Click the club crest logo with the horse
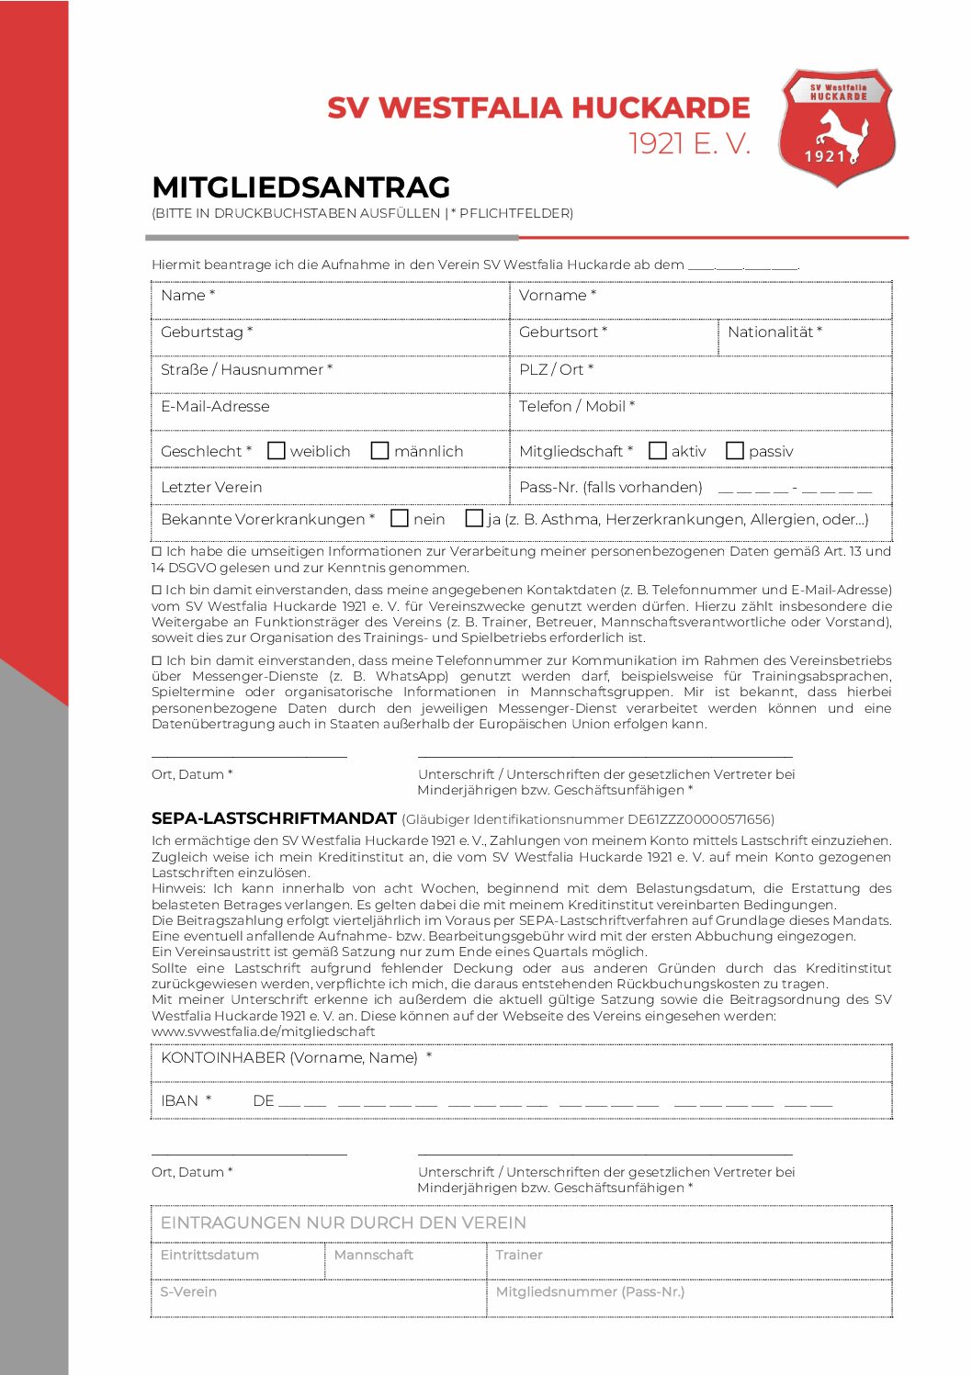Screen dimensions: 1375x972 point(837,128)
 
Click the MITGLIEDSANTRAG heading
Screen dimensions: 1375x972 point(300,187)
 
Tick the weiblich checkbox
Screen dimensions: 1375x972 point(277,451)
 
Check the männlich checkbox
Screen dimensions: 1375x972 point(379,451)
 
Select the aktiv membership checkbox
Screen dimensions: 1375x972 point(657,451)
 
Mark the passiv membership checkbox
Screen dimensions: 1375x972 point(734,451)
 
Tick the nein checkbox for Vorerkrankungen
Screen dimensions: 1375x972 point(400,519)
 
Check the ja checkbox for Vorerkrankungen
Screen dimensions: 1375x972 point(474,519)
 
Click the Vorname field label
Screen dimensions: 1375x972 point(557,296)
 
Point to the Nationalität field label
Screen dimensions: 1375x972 point(774,332)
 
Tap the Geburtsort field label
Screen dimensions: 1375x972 point(562,332)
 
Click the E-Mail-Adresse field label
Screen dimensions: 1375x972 point(215,407)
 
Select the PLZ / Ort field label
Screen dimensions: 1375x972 point(556,369)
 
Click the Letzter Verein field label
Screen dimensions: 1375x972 point(211,488)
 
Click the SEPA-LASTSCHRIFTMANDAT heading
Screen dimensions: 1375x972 point(274,818)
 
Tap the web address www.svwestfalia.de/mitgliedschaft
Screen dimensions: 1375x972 point(263,1031)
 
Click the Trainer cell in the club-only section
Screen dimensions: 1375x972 point(519,1255)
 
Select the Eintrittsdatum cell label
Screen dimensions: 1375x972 point(209,1255)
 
